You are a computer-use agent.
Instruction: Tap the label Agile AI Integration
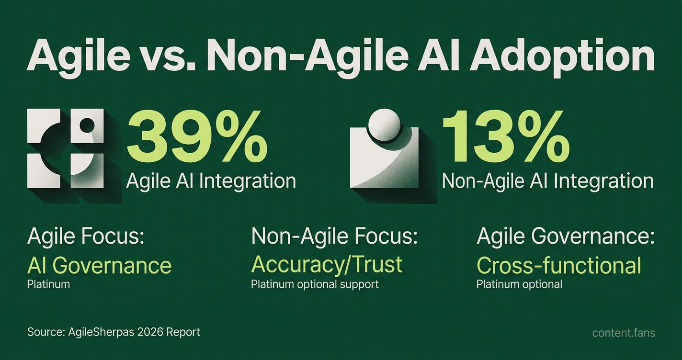click(211, 181)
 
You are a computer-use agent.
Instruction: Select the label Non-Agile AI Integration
click(548, 181)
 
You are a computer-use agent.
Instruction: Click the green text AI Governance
click(99, 265)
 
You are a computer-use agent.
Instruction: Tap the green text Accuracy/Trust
click(327, 265)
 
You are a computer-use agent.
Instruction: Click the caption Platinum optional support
click(315, 284)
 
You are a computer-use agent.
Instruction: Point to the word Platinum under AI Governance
click(48, 284)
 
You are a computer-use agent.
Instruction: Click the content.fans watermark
click(624, 333)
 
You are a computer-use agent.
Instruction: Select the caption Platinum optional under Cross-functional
click(519, 284)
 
